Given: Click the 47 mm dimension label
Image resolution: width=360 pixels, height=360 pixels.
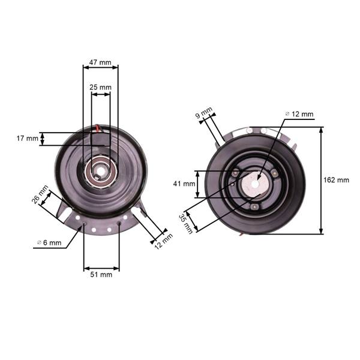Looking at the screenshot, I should click(100, 62).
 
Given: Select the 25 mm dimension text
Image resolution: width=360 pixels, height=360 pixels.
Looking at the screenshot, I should click(100, 88).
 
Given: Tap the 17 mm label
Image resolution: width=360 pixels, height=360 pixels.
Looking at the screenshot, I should click(27, 139).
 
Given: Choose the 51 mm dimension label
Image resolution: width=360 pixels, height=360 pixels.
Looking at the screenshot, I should click(101, 275).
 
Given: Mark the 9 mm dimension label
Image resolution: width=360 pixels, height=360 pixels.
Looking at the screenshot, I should click(204, 113).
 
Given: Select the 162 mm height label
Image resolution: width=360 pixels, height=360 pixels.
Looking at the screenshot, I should click(336, 180).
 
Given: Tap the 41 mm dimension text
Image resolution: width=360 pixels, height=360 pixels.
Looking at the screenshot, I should click(185, 184).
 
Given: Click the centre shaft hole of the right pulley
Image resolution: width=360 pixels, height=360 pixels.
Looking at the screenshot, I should click(254, 180).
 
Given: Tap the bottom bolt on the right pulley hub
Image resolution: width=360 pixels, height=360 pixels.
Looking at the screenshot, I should click(256, 207).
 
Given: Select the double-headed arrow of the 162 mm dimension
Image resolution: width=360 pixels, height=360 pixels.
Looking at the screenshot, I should click(322, 180).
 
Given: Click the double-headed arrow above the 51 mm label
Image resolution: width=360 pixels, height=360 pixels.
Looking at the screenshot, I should click(101, 267).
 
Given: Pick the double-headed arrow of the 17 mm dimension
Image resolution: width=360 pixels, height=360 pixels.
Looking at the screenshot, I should click(44, 139).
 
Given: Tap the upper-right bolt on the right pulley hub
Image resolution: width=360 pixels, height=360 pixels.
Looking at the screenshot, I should click(274, 173).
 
